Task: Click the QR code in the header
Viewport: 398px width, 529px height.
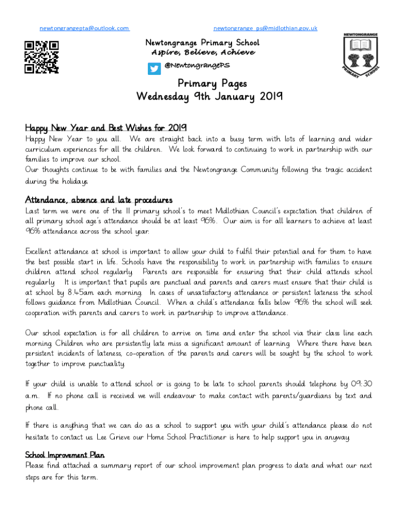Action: tap(42, 57)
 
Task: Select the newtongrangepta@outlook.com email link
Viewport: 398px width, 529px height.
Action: tap(84, 28)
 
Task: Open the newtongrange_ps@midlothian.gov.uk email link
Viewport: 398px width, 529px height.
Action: tap(265, 28)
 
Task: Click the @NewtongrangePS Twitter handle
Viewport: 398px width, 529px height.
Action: tap(196, 66)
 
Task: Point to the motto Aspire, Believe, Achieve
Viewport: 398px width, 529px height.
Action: tap(203, 53)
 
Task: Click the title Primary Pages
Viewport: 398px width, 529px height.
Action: tap(212, 83)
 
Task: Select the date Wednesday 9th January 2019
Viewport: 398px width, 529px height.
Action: tap(209, 97)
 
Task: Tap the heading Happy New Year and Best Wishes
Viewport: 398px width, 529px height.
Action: tap(106, 128)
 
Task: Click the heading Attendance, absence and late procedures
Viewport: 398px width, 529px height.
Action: tap(99, 200)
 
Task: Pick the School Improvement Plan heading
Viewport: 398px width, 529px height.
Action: tap(65, 455)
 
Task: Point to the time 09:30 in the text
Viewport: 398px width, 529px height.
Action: tap(361, 384)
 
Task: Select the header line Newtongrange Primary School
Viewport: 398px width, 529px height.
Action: tap(202, 42)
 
